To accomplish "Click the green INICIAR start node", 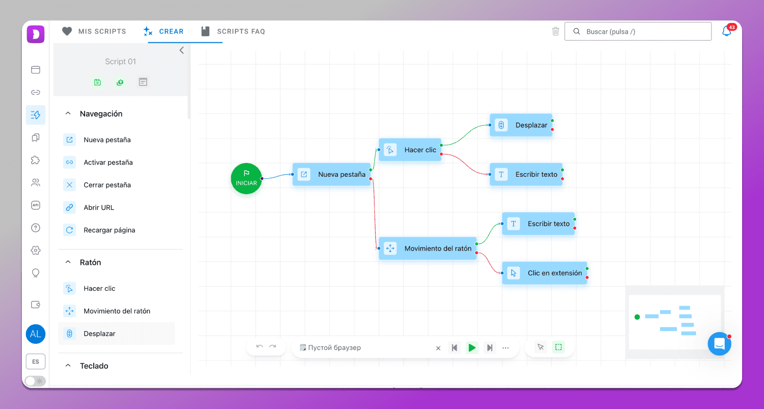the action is tap(246, 178).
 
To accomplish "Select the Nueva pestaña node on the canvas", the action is tap(332, 174).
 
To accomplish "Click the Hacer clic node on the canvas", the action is tap(411, 150).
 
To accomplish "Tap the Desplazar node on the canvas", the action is tap(521, 125).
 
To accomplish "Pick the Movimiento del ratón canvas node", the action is tap(428, 249).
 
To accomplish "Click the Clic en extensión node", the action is tap(544, 273).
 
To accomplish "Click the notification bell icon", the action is tap(727, 32).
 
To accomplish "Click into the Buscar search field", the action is tap(638, 32).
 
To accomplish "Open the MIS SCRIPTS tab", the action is tap(94, 32).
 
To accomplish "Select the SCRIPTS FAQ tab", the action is tap(233, 32).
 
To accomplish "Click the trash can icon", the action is tap(556, 32).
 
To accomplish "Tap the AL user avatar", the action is tap(36, 334).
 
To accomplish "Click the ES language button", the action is tap(36, 362).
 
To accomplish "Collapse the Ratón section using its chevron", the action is tap(68, 262).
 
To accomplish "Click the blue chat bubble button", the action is tap(719, 344).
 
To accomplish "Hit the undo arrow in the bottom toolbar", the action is tap(259, 347).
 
